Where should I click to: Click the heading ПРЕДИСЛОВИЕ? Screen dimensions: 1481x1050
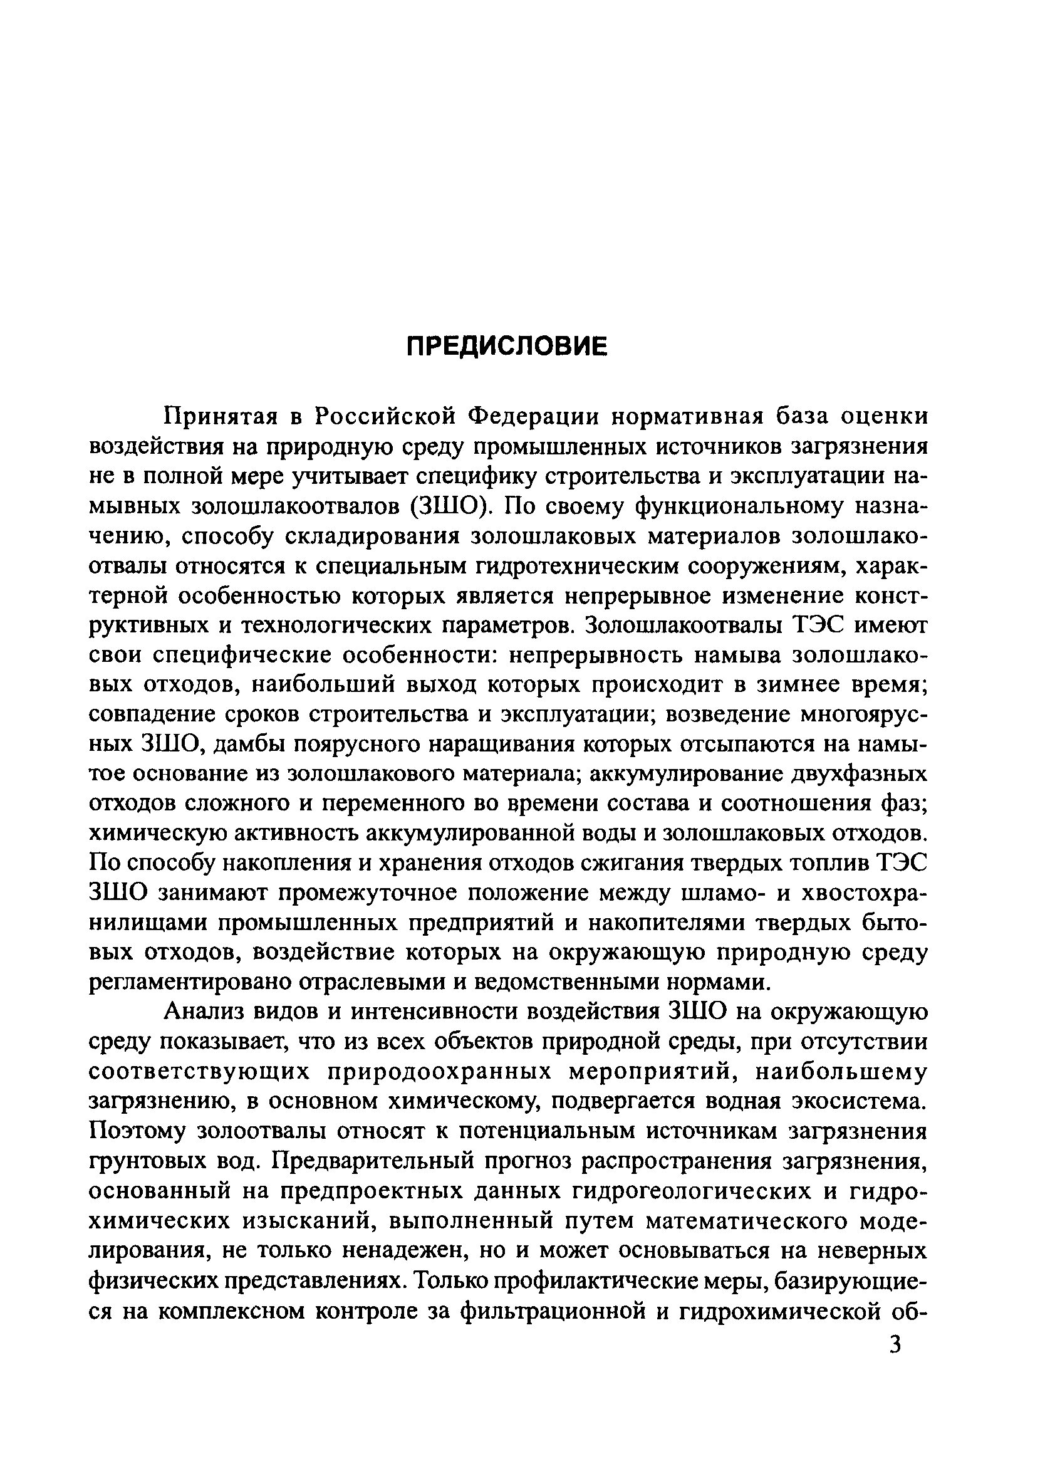click(x=507, y=347)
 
